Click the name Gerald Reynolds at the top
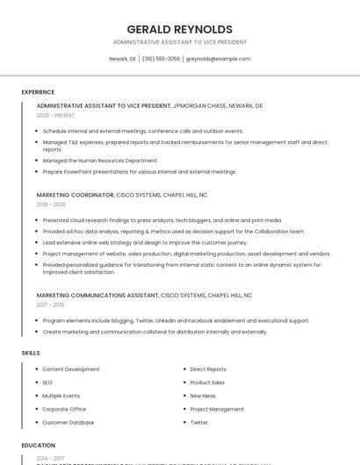point(179,29)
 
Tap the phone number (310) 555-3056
point(161,59)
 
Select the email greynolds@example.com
point(219,59)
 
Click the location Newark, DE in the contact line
point(122,59)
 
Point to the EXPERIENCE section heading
point(38,92)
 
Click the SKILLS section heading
point(31,353)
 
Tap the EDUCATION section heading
point(39,446)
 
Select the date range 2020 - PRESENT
point(55,115)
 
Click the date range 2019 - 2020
point(51,204)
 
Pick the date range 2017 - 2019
point(50,305)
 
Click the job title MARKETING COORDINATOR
point(76,195)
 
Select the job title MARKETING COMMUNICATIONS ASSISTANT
point(97,296)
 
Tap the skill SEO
point(47,383)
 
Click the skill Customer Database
point(68,422)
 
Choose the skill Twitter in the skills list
point(199,422)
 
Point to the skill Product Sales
point(207,383)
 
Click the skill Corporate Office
point(64,409)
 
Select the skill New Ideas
point(203,396)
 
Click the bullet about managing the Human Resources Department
point(100,161)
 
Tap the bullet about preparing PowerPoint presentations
point(139,172)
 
